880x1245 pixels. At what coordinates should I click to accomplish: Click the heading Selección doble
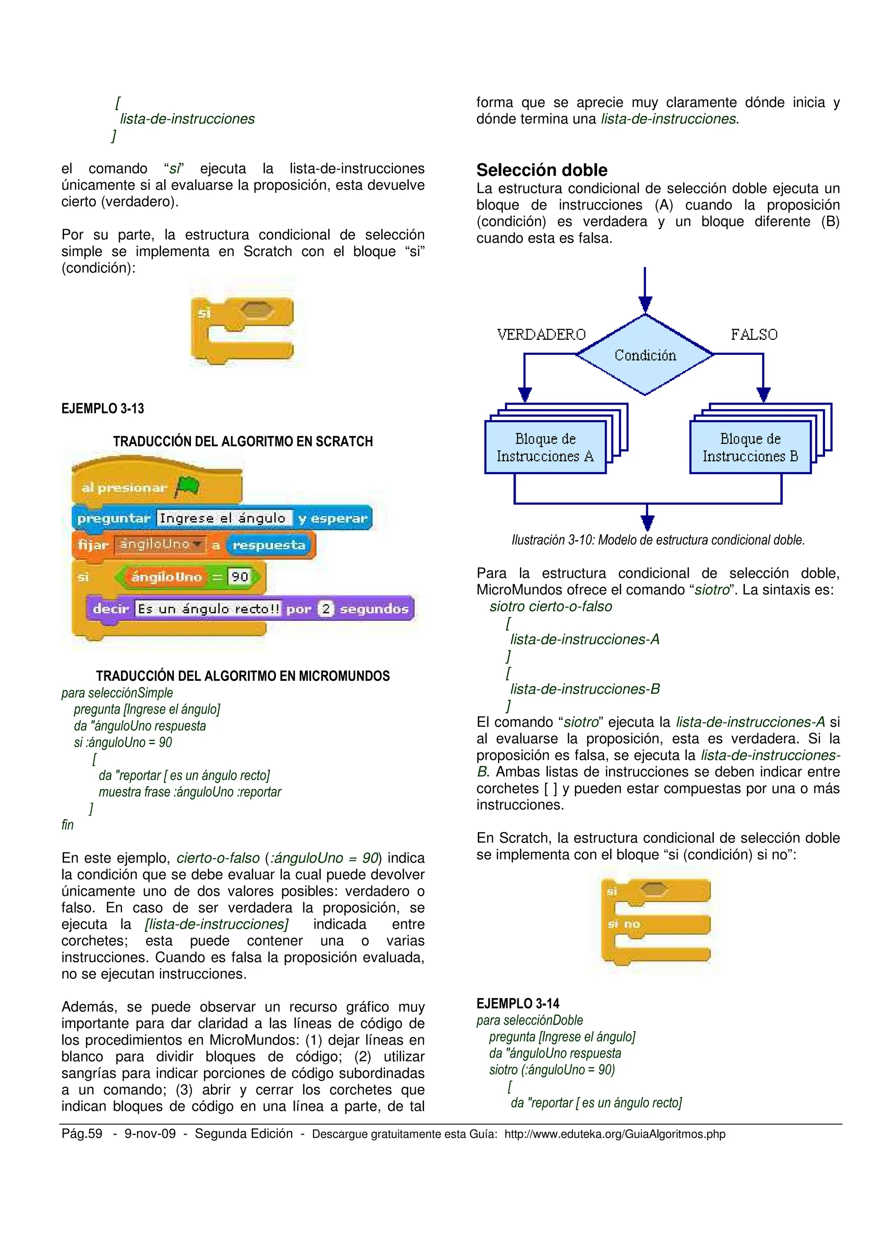[x=542, y=170]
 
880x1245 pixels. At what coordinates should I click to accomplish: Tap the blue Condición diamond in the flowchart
[x=645, y=355]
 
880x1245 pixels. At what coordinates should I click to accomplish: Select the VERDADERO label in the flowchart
[x=541, y=335]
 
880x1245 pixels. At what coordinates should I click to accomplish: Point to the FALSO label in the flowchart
[x=754, y=335]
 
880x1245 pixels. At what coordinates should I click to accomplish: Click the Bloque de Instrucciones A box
[x=545, y=447]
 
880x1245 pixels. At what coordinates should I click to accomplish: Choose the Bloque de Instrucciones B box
[x=750, y=447]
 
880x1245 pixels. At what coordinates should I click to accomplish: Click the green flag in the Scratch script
[x=187, y=486]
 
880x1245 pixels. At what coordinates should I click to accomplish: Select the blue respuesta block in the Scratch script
[x=269, y=545]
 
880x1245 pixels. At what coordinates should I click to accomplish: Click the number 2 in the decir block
[x=326, y=608]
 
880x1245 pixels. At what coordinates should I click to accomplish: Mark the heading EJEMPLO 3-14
[x=518, y=1003]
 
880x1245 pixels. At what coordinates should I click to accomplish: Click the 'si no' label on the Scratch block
[x=624, y=924]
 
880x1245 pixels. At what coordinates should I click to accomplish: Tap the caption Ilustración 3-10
[x=658, y=540]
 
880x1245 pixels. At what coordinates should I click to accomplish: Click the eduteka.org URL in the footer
[x=614, y=1134]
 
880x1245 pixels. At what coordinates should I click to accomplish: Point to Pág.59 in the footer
[x=82, y=1134]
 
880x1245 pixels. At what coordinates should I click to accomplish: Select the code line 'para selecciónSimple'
[x=117, y=693]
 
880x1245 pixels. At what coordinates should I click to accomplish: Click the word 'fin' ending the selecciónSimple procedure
[x=67, y=825]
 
